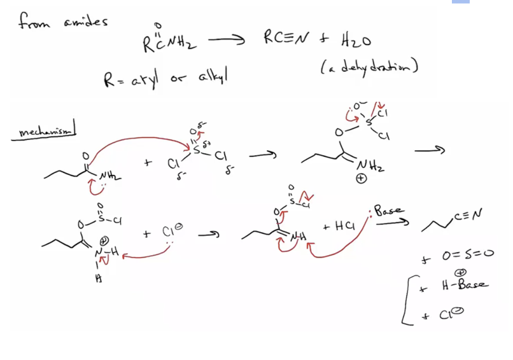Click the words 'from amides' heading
click(62, 22)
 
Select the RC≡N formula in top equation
click(285, 40)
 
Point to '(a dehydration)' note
click(369, 66)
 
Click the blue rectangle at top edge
click(460, 2)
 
